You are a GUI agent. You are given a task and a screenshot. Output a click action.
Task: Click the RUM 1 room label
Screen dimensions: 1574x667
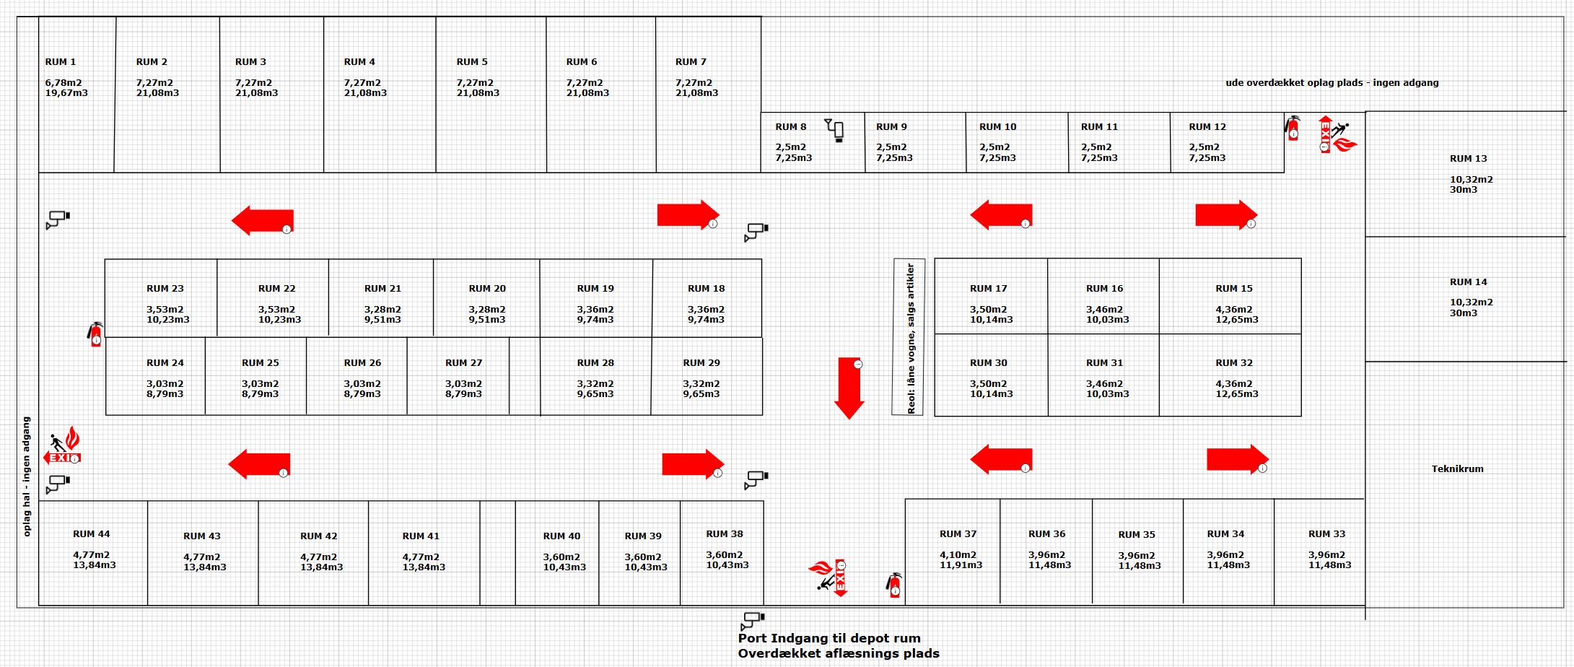[61, 62]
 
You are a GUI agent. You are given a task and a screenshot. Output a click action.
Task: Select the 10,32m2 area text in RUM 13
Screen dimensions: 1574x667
[1472, 179]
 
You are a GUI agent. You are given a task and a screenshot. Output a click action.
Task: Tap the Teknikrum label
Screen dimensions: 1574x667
[1458, 468]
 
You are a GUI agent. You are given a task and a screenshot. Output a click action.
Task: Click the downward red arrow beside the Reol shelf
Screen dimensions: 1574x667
[849, 388]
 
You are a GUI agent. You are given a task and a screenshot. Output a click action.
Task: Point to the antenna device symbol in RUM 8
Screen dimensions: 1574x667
[835, 131]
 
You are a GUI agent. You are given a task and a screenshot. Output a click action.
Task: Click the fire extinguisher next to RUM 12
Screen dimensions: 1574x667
[1292, 128]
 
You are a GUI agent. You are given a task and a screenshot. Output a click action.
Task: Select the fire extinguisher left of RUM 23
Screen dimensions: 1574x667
[95, 334]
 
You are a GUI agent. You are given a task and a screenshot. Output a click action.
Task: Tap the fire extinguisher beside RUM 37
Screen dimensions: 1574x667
[894, 585]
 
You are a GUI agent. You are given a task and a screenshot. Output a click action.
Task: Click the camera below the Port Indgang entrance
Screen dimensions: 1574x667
[753, 620]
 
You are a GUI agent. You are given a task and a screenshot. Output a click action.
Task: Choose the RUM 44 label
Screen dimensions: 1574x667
[92, 534]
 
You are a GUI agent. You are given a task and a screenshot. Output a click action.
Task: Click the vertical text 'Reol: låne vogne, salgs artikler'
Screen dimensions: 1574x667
[910, 338]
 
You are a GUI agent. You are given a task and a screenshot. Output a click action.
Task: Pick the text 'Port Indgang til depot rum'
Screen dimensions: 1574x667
[829, 638]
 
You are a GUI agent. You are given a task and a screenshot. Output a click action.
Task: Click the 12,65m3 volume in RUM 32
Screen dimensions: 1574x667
[1237, 394]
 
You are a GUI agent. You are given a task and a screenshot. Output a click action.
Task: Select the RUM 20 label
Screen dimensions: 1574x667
[487, 289]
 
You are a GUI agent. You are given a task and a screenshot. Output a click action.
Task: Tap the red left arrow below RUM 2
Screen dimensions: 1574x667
[262, 220]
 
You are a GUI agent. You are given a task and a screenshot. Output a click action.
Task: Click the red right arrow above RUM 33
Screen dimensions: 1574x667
[1238, 460]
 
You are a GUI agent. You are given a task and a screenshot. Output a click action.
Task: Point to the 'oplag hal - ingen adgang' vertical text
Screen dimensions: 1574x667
[27, 476]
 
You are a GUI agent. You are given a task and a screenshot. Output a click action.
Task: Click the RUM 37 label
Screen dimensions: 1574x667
[958, 534]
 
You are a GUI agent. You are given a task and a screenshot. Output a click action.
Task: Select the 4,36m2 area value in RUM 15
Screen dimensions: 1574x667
[1234, 310]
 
